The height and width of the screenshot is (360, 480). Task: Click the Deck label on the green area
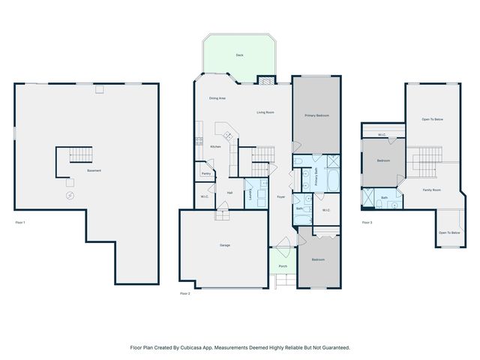[239, 55]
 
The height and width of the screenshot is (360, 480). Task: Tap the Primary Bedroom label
[316, 115]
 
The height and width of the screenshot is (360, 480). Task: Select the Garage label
[224, 246]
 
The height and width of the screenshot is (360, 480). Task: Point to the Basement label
[94, 171]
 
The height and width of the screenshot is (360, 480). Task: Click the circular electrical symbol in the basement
[70, 195]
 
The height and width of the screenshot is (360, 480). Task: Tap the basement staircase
[80, 155]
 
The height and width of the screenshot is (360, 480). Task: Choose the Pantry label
[205, 173]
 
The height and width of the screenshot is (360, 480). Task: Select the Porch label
[283, 266]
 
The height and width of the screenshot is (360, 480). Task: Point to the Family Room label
[431, 190]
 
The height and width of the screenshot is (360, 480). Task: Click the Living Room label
[265, 112]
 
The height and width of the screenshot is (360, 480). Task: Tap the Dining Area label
[217, 98]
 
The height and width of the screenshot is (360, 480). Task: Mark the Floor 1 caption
[20, 223]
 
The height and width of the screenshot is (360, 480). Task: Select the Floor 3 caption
[367, 223]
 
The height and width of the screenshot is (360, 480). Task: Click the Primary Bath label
[317, 178]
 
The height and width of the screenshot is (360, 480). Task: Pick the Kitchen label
[215, 146]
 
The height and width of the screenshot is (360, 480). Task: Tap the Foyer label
[280, 196]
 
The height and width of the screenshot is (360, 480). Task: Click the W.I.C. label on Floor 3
[382, 135]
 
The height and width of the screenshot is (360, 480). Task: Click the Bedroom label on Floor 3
[383, 160]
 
